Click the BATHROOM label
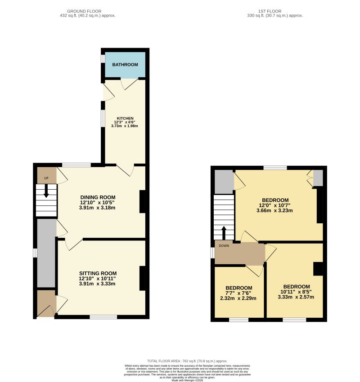125,65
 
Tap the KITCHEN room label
125,118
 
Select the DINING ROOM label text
98,197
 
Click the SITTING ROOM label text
98,273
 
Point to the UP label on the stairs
46,178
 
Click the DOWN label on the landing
224,246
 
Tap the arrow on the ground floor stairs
46,192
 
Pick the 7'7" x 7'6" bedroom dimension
238,293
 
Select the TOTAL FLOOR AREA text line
187,361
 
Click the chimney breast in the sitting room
142,278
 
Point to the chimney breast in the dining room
142,202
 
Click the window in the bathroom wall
103,59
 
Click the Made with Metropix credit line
187,380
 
